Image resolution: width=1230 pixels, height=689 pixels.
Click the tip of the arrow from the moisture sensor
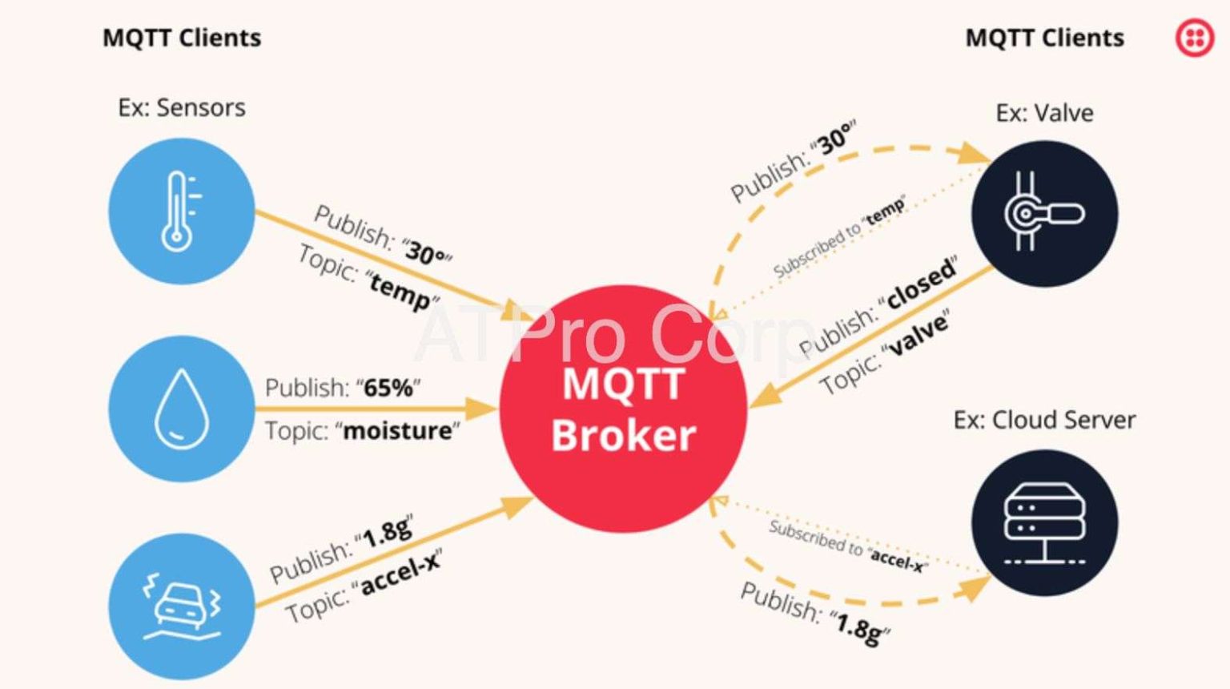point(497,409)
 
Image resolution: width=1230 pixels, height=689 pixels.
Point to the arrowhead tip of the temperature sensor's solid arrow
point(534,320)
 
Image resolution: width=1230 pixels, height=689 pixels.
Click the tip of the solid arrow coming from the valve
point(749,407)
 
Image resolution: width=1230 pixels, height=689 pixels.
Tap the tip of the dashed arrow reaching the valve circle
point(991,163)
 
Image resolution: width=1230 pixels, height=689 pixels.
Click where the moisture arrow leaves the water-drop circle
point(255,409)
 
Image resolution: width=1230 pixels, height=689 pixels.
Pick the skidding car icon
point(182,606)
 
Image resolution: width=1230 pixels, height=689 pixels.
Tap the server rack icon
point(1044,523)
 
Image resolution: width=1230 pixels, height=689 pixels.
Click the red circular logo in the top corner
point(1195,38)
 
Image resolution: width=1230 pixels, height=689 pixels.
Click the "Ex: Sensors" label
point(182,107)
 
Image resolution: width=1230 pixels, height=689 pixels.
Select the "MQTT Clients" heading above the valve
point(1044,38)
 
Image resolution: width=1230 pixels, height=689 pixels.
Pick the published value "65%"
point(388,388)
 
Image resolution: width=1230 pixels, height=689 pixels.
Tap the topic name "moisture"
point(397,431)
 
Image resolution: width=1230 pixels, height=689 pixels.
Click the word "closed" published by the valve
point(921,284)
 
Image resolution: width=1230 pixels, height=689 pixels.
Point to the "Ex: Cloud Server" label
point(1044,421)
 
